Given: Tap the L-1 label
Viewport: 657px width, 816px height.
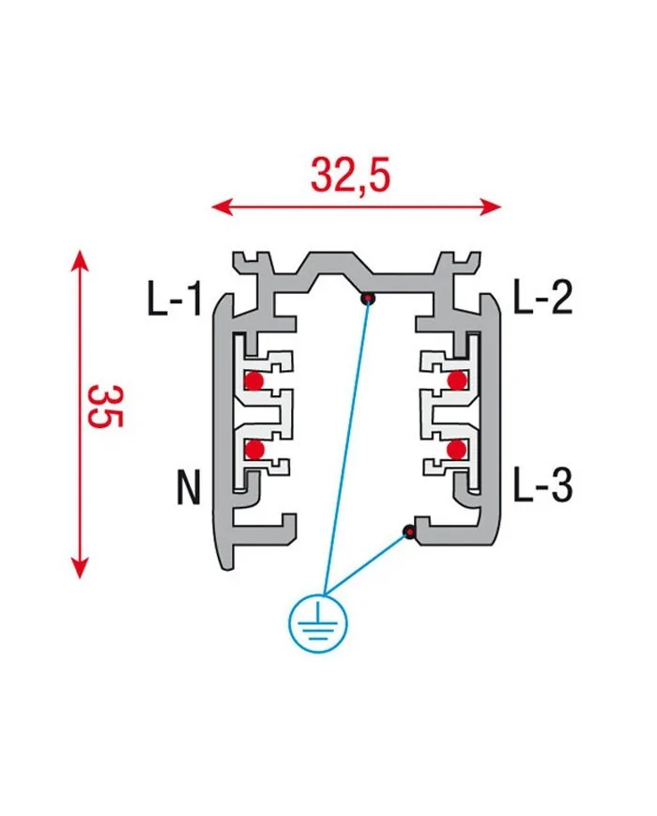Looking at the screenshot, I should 174,300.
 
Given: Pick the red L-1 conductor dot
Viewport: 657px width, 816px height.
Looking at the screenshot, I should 253,380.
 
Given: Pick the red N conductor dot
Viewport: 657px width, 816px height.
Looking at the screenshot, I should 253,450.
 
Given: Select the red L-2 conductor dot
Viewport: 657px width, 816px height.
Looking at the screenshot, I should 457,379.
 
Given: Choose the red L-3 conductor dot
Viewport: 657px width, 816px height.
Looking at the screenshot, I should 457,450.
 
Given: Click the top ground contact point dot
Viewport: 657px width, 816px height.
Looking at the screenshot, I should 369,300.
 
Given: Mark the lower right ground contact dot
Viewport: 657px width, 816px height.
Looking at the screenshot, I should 408,532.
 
